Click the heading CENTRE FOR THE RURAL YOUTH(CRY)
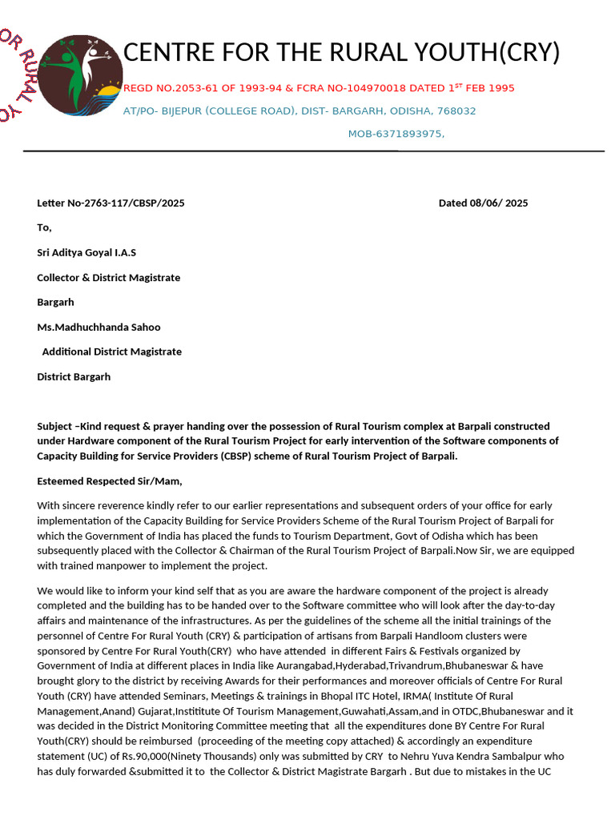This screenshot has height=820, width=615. tap(341, 53)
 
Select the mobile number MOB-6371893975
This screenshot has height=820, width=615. tap(396, 134)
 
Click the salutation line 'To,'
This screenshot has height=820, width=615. tap(44, 228)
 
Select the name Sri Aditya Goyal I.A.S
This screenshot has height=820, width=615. tap(86, 253)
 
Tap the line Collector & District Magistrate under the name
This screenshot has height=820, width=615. tap(108, 278)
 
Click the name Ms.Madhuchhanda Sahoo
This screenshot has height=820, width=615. tap(98, 327)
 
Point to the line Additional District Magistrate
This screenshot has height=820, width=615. tap(111, 352)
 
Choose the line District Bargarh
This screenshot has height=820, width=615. tap(74, 376)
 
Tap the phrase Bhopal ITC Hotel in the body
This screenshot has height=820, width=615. tap(314, 696)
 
